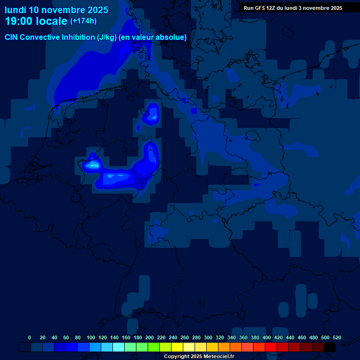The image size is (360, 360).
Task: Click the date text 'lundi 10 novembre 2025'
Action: tap(56, 10)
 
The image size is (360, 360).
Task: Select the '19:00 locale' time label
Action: tap(36, 21)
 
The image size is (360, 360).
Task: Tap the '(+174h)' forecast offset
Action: tap(83, 21)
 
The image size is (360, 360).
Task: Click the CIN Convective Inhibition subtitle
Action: tap(96, 37)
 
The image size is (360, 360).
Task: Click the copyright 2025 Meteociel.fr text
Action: tap(199, 356)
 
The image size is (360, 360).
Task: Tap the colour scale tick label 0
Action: tap(30, 337)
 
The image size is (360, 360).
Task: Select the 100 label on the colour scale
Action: tap(91, 337)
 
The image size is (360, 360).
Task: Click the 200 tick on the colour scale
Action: tap(150, 337)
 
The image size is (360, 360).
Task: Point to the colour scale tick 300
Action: tap(208, 337)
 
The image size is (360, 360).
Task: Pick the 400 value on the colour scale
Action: tap(267, 337)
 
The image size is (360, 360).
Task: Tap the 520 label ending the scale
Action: tap(337, 337)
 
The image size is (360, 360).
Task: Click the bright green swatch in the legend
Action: tap(154, 347)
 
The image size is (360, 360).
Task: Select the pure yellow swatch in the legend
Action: tap(177, 347)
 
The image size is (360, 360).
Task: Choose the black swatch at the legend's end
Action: tap(330, 347)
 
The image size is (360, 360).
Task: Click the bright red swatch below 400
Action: tap(271, 347)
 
